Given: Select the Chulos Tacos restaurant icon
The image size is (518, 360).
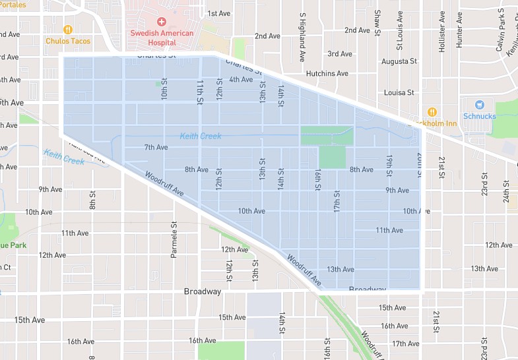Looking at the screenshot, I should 67,30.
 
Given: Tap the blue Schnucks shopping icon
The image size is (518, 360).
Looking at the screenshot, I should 479,104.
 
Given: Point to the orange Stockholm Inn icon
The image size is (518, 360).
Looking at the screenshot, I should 432,112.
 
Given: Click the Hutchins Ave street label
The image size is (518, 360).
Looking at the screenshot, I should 327,73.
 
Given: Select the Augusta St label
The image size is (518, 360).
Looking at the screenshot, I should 401,61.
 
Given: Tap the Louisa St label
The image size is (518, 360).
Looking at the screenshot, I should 399,93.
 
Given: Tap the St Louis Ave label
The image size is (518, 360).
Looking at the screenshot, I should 399,30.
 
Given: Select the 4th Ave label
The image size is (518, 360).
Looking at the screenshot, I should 241,80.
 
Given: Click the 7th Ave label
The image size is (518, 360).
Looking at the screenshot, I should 156,147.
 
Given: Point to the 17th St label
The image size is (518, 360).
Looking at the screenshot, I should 337,201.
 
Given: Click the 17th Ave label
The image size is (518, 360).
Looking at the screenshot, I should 405,344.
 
